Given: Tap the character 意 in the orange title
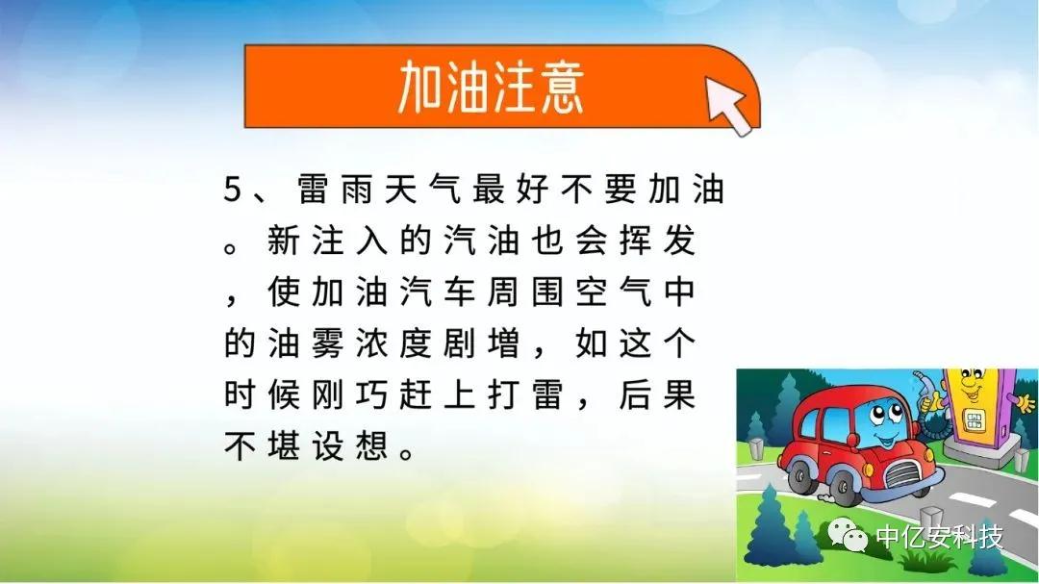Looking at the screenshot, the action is [x=563, y=88].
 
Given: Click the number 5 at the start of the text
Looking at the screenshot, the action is [x=233, y=189].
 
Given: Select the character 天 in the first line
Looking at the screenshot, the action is [x=401, y=189].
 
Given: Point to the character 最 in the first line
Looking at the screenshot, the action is [x=489, y=189].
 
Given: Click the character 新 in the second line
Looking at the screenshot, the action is [x=284, y=240].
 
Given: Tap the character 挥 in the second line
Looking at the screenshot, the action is [x=635, y=240].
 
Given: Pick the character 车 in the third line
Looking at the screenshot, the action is [x=459, y=292].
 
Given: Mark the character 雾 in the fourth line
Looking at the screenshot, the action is [x=327, y=343].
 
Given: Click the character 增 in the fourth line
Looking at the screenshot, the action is [x=503, y=343].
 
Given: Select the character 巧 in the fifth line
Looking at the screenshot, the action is [x=371, y=395].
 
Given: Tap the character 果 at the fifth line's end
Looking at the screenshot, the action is [x=678, y=395].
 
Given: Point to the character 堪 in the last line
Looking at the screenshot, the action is [x=284, y=446].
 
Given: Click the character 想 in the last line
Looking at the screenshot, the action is [x=371, y=446].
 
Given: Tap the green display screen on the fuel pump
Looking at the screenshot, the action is [x=974, y=419].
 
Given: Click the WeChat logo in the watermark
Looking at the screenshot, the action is [x=848, y=534].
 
